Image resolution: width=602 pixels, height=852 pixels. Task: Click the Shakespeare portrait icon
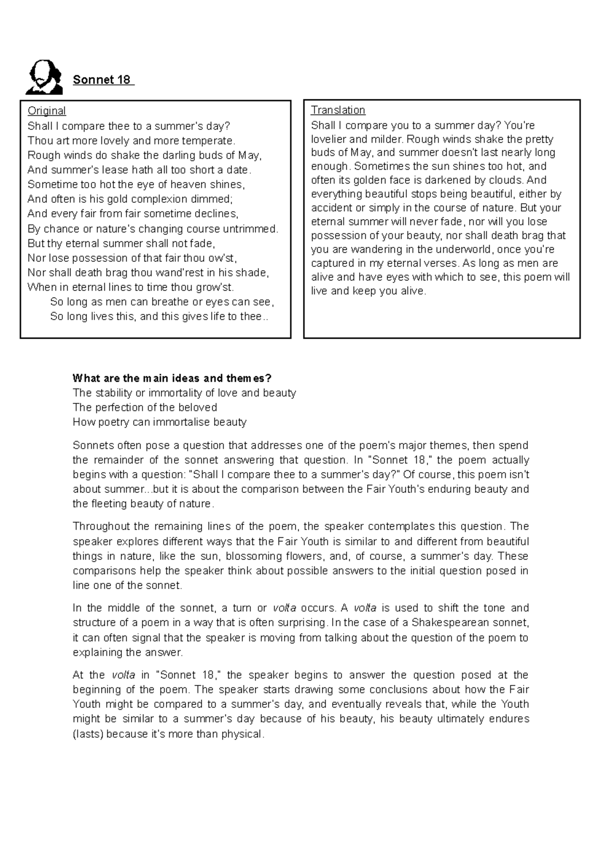point(44,77)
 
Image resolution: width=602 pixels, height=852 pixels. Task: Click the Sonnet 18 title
point(102,80)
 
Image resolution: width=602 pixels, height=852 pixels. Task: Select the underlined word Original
point(47,111)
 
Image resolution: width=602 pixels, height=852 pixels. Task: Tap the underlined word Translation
point(338,110)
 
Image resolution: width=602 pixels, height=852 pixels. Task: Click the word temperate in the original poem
point(211,140)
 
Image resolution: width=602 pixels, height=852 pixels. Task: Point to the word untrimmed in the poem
point(253,229)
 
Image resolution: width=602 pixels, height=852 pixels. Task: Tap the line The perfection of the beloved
point(144,407)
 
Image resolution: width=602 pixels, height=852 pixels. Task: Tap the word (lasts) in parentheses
point(88,734)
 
